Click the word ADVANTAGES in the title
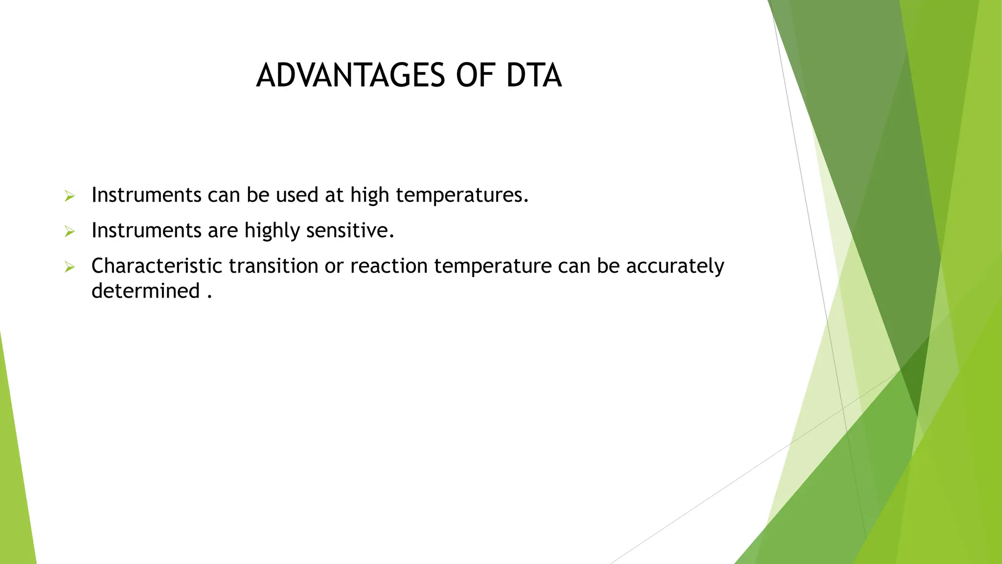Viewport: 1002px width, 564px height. pos(350,76)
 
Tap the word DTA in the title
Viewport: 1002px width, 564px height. pos(533,76)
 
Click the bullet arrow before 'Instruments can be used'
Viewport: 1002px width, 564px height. pos(69,196)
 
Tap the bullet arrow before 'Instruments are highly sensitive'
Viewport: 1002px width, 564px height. pos(69,232)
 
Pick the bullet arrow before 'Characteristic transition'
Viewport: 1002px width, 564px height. pos(69,267)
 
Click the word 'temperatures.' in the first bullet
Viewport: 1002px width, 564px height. pos(462,195)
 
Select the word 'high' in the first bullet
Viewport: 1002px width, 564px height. pos(369,195)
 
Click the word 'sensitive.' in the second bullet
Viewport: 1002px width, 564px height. pos(350,231)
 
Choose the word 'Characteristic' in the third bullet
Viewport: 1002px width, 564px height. pos(157,266)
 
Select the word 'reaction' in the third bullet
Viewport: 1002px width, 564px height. pos(389,266)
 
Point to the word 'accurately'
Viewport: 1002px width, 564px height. pos(675,266)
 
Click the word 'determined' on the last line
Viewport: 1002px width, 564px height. pos(145,291)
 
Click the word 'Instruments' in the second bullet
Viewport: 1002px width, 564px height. pos(146,231)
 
